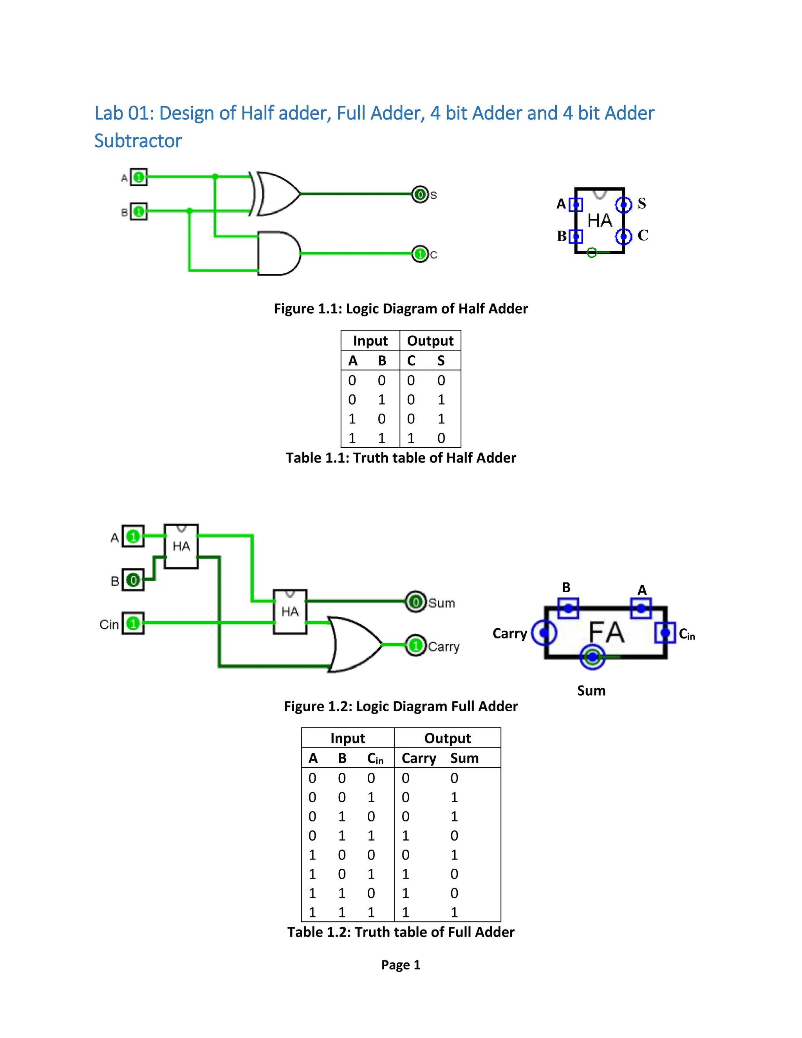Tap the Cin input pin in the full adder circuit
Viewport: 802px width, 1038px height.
pos(133,623)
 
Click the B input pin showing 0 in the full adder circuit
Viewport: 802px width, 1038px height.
pos(133,580)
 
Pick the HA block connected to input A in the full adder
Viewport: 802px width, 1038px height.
pos(181,546)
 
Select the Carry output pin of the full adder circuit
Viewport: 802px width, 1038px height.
pos(416,645)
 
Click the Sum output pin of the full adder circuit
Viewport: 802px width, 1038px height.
pos(416,602)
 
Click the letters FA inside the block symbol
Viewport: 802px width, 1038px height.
pos(606,633)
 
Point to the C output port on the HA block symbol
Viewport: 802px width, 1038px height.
pos(623,236)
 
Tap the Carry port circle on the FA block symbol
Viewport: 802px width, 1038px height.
pos(544,633)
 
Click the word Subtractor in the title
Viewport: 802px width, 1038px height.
pos(138,141)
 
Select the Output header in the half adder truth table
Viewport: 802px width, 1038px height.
pos(430,341)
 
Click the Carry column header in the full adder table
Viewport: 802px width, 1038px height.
pos(419,758)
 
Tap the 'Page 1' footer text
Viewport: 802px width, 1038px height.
pos(401,965)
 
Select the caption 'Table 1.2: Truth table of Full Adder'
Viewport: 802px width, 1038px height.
pos(401,932)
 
